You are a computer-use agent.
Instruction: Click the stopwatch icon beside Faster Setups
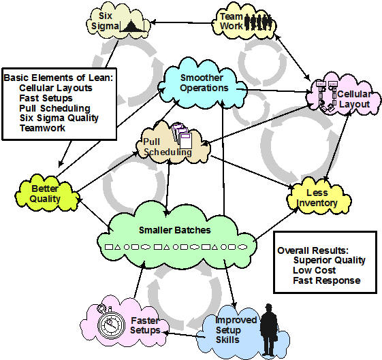110,323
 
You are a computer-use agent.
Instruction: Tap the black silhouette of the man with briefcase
269,329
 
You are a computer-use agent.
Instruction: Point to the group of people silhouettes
258,22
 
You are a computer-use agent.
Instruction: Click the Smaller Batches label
175,230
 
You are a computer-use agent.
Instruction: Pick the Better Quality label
45,194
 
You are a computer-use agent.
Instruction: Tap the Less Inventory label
317,197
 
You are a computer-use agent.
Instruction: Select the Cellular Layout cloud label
354,99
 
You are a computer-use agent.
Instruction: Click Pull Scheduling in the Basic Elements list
55,108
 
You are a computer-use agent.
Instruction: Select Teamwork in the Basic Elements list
43,128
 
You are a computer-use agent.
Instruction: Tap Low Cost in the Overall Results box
315,270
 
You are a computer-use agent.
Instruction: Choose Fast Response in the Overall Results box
327,280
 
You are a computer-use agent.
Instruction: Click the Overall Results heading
313,250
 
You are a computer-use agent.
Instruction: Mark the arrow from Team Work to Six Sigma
182,23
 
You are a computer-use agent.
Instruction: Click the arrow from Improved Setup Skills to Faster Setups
184,335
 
